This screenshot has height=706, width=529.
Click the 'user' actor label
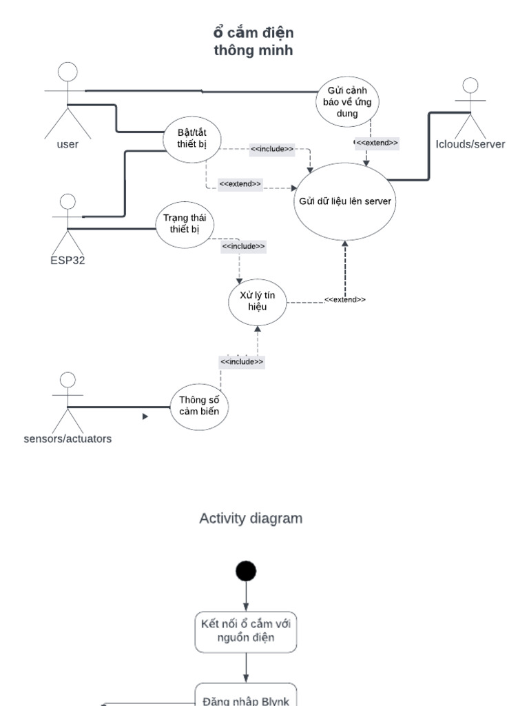point(68,144)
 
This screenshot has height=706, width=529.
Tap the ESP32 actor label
point(68,261)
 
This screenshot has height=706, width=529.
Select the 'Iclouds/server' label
point(470,144)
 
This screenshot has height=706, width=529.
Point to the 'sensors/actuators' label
point(68,438)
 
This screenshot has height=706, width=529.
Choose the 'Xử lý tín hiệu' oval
point(257,301)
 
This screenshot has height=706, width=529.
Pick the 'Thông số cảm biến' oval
point(199,406)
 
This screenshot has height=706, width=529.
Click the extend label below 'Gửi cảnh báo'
point(376,143)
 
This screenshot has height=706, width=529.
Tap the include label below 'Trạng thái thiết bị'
point(243,245)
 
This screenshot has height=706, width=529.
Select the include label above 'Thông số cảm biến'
point(241,361)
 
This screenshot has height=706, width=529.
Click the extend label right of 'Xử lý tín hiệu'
point(344,300)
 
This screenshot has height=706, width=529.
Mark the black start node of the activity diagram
point(246,570)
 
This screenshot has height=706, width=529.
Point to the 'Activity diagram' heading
point(251,518)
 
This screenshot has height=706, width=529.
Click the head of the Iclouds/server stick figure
point(470,86)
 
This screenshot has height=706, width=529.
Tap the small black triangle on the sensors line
point(145,416)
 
